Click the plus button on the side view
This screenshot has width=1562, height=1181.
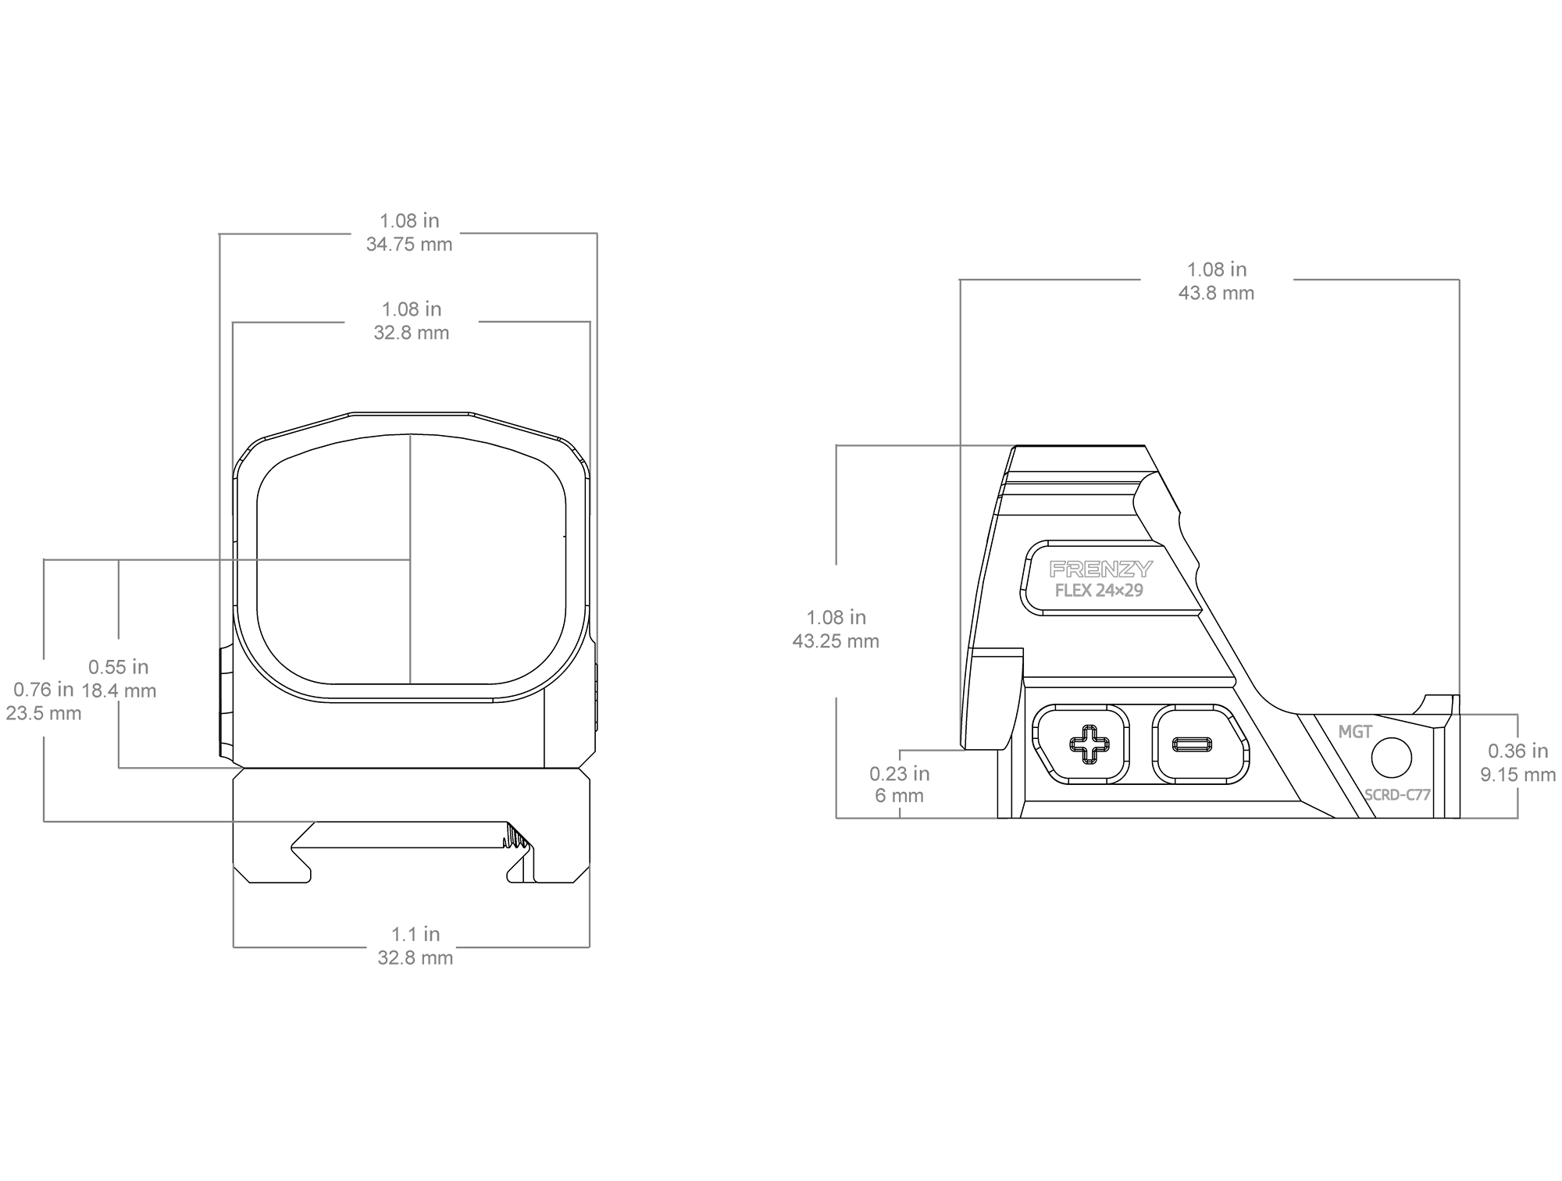1082,744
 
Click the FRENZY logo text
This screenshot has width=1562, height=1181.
1100,569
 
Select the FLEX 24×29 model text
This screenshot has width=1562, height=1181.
1099,590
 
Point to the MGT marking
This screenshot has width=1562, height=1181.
1355,732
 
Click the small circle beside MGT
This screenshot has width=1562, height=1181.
1392,758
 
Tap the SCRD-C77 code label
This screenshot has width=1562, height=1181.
1397,795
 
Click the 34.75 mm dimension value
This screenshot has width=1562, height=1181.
409,244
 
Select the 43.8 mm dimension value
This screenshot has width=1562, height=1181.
1216,293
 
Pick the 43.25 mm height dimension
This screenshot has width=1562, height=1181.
836,641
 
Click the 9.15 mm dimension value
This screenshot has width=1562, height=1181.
1518,775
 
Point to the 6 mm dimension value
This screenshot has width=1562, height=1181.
899,796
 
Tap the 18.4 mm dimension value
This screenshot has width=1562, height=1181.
119,690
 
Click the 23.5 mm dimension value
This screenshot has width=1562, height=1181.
44,713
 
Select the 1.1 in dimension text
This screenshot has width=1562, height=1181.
415,934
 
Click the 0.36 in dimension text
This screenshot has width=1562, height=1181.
1518,751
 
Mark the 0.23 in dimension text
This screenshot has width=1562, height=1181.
900,773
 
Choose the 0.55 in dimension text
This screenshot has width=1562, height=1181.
118,667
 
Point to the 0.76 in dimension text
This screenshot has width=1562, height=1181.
44,690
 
